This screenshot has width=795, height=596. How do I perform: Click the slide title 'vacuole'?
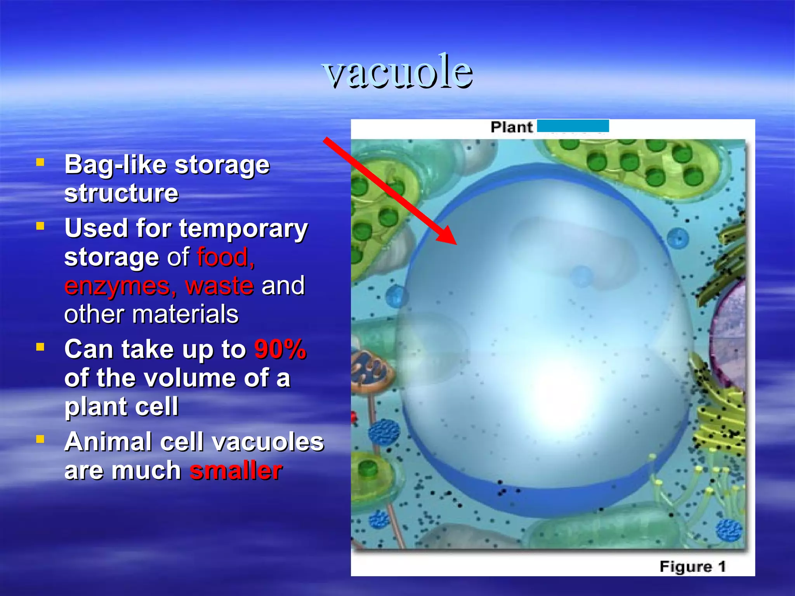click(x=397, y=72)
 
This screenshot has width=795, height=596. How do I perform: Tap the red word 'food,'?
click(x=226, y=257)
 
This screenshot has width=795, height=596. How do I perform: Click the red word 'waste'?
click(x=220, y=286)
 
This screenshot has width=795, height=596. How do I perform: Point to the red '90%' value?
click(x=280, y=349)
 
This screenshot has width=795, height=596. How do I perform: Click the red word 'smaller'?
click(x=236, y=471)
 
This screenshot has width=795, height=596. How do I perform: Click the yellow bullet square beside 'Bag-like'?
click(x=40, y=162)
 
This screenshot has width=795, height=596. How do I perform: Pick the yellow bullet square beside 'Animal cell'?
click(x=40, y=439)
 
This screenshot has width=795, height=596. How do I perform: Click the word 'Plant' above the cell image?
click(x=511, y=127)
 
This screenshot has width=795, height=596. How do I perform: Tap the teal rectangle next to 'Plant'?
click(x=573, y=126)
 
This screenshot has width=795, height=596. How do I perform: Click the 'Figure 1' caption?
click(x=693, y=567)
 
